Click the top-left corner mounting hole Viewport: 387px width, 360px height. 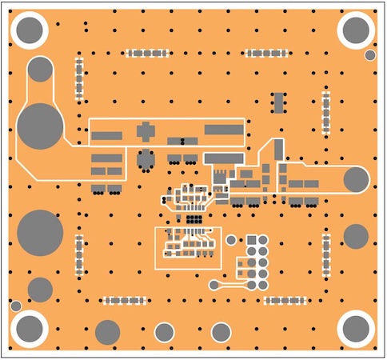pos(30,30)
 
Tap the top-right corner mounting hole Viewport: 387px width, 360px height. pos(356,30)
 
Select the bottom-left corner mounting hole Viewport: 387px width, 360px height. pos(30,328)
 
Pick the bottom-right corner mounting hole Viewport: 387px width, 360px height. pos(356,328)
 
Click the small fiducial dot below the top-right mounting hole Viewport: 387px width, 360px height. pos(370,55)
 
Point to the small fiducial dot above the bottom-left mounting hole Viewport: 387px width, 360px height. pos(16,306)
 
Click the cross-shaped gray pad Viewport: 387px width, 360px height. pos(145,130)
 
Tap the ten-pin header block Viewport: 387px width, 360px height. pos(256,262)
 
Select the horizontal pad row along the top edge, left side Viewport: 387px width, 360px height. pos(148,54)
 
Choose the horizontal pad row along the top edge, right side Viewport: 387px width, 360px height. pos(268,54)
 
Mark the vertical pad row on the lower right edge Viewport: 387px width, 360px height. pos(326,254)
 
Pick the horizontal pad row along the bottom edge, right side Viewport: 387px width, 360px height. pos(285,301)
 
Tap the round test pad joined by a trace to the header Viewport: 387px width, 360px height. pos(213,284)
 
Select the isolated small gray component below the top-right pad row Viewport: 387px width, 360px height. pos(278,102)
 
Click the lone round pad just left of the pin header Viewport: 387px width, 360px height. pos(231,239)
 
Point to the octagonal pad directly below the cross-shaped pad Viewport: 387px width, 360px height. pos(145,159)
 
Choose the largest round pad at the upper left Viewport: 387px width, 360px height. pos(39,126)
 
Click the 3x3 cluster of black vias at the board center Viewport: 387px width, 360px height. pos(193,217)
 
